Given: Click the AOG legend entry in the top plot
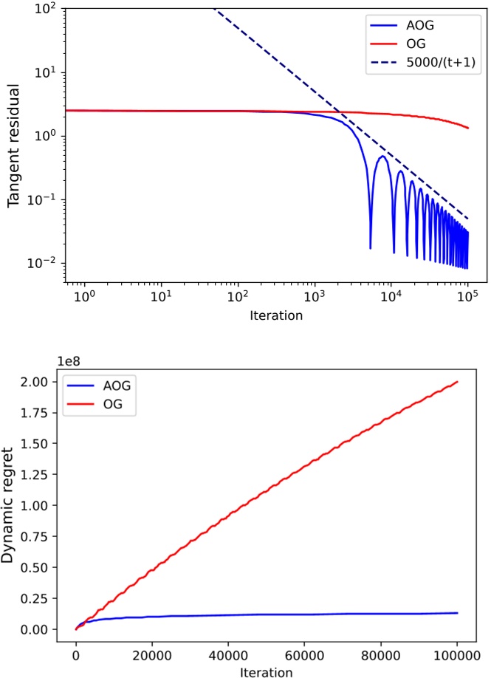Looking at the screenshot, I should pos(420,24).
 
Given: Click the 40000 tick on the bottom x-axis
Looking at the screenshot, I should pos(228,652).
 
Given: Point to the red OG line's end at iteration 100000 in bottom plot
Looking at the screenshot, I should pos(458,382).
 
